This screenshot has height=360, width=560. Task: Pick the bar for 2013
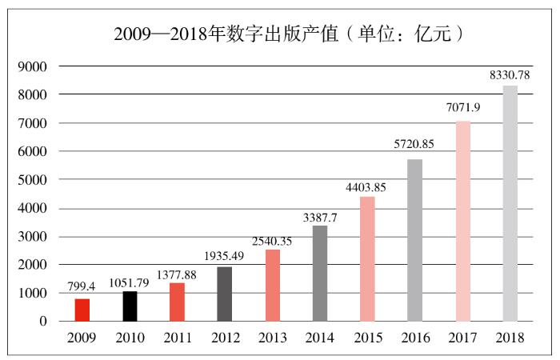click(x=273, y=286)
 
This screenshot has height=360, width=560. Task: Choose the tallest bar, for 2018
click(x=510, y=203)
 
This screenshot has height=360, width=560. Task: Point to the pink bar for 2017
click(x=462, y=221)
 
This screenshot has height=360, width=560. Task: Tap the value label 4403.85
click(x=366, y=188)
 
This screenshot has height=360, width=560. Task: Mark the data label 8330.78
click(x=509, y=76)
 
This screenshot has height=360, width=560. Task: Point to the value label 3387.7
click(x=319, y=217)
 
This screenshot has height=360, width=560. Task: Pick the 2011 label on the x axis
click(x=178, y=338)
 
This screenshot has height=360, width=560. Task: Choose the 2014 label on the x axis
click(x=320, y=338)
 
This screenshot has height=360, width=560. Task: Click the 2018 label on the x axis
click(x=510, y=338)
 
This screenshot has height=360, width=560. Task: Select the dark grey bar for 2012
click(x=225, y=294)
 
